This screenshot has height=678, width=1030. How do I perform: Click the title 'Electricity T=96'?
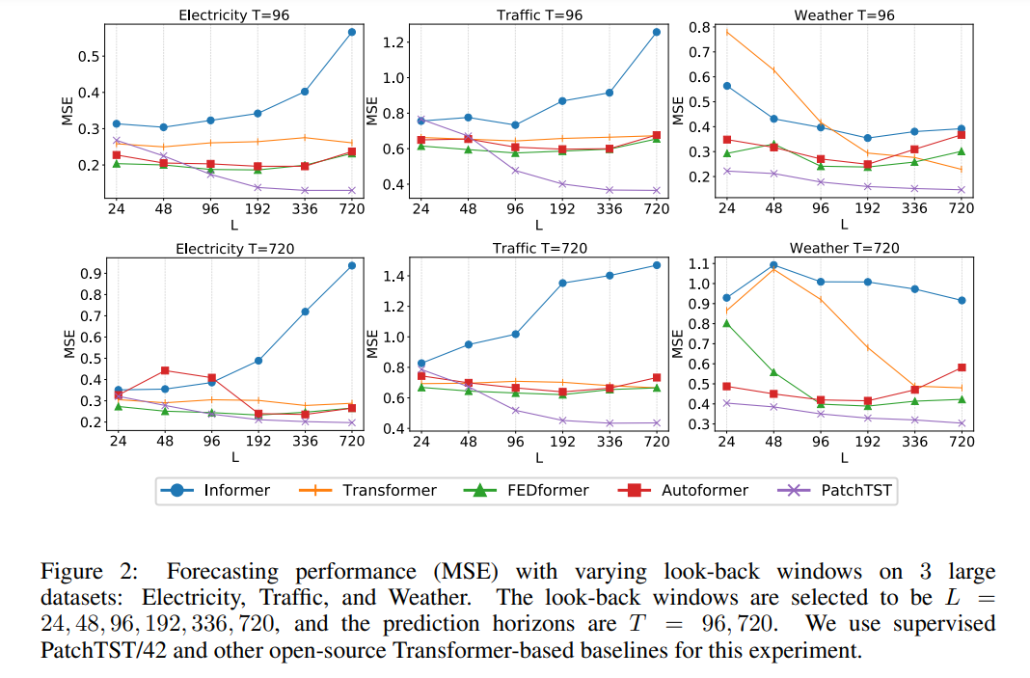(x=234, y=14)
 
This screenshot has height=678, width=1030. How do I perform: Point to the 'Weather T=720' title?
(x=844, y=248)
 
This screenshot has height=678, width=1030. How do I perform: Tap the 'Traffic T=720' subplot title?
(x=539, y=248)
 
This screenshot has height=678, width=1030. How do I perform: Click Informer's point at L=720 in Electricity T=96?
(x=352, y=32)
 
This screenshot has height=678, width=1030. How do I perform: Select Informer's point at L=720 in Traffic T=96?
(x=657, y=32)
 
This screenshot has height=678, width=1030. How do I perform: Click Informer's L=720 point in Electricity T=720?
(x=352, y=265)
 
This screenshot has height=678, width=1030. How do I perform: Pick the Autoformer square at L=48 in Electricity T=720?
(x=165, y=370)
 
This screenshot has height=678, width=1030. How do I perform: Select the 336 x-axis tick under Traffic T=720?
(x=610, y=442)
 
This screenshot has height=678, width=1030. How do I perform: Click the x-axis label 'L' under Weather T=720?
(x=844, y=458)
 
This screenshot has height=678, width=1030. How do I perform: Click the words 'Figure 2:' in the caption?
(x=80, y=571)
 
